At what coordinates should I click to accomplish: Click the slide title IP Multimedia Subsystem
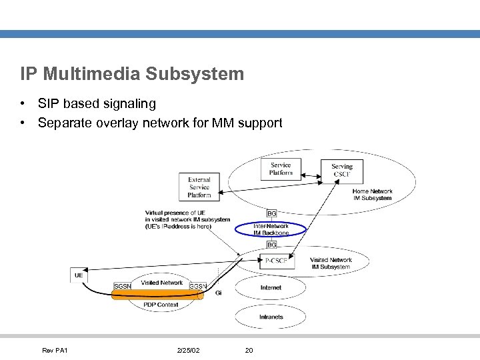coord(132,73)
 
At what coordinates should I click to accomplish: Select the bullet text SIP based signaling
coord(97,103)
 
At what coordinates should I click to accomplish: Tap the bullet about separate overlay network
coord(160,123)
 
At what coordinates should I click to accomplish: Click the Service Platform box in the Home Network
coord(281,169)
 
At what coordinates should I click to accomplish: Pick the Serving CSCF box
coord(342,170)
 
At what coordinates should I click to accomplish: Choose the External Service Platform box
coord(199,187)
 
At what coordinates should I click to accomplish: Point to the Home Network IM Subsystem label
coord(372,195)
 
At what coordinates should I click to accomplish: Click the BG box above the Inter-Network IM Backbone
coord(272,213)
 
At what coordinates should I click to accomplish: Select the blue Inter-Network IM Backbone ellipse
coord(271,229)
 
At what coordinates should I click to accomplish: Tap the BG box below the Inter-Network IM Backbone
coord(272,245)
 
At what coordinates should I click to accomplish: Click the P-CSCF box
coord(276,261)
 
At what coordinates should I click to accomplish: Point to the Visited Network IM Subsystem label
coord(330,263)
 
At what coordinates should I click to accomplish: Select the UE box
coord(79,275)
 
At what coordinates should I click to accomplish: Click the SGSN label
coord(123,286)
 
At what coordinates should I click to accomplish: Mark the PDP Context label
coord(161,305)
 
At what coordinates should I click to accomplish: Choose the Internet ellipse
coord(271,287)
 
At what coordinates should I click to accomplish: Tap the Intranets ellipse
coord(271,317)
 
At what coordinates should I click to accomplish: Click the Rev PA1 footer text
coord(55,350)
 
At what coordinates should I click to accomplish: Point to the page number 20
coord(249,350)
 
